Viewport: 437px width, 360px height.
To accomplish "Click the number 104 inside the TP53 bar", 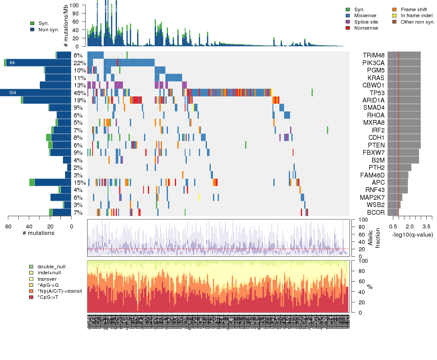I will coord(12,93).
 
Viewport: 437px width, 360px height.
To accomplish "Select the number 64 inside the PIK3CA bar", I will coord(12,63).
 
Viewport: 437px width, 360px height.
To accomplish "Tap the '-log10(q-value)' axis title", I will coord(412,234).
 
